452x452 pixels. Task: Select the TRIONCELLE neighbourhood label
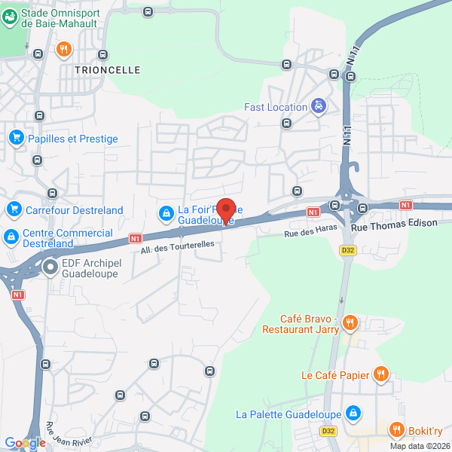[x=108, y=69]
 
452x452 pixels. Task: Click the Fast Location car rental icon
[x=319, y=107]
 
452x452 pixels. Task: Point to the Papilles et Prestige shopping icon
[x=16, y=139]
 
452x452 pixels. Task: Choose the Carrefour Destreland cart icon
[x=13, y=210]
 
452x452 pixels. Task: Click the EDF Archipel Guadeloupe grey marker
[x=50, y=267]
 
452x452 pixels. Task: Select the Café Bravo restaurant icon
[x=350, y=323]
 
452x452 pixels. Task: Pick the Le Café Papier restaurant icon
[x=382, y=374]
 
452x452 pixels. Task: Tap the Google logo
[x=25, y=443]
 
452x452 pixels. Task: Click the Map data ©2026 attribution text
[x=420, y=445]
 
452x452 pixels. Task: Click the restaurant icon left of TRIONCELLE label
[x=63, y=50]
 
